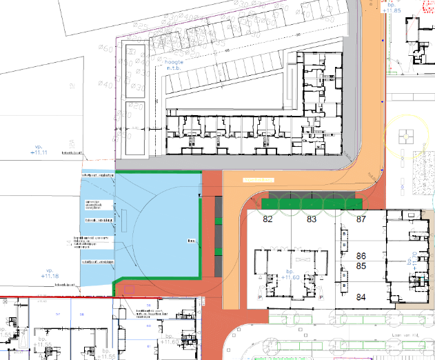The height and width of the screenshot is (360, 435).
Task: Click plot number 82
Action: coord(268,220)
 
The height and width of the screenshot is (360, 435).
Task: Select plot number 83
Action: coord(312,220)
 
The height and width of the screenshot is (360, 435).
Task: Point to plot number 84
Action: coord(360,298)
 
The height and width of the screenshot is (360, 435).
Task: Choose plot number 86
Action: coord(360,256)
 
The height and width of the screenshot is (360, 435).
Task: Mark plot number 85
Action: coord(360,265)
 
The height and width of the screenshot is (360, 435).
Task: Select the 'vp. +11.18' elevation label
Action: coord(49,273)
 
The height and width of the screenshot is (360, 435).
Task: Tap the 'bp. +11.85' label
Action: coord(392,8)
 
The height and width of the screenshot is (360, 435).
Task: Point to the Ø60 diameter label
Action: coord(105,48)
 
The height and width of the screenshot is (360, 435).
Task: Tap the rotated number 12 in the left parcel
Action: coord(75,86)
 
